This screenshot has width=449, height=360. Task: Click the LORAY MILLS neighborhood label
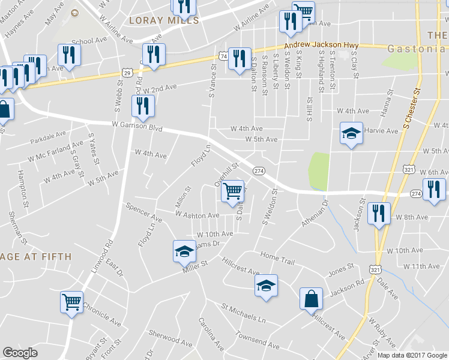tap(164, 20)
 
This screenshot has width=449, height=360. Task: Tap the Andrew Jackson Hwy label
tap(321, 45)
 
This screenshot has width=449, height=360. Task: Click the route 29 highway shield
tap(127, 71)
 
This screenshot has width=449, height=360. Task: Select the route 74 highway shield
tap(223, 55)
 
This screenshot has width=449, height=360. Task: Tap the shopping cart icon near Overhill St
tap(233, 191)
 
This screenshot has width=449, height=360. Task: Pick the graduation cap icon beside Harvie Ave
tap(351, 133)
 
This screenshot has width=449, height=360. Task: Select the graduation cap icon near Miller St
tap(184, 250)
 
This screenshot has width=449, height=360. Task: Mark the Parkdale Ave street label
tap(48, 138)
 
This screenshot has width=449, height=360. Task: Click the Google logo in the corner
tap(20, 353)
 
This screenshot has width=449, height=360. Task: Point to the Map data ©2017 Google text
tap(412, 355)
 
